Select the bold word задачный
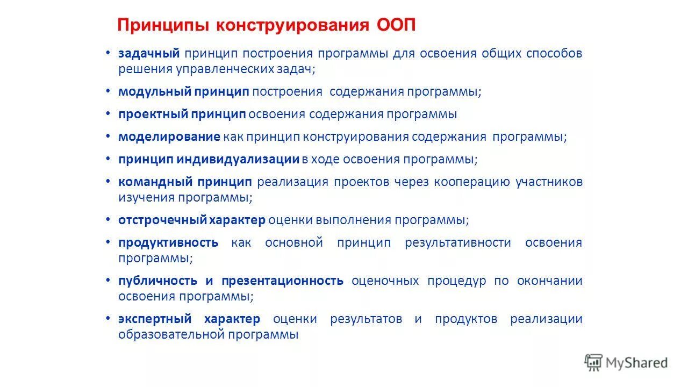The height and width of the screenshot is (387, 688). [x=149, y=54]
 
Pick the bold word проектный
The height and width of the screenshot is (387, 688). [x=153, y=114]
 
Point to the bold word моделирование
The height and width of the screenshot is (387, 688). [x=169, y=137]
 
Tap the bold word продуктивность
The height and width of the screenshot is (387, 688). [x=168, y=242]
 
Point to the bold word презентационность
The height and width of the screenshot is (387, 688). [x=282, y=281]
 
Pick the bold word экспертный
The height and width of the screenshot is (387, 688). [x=155, y=319]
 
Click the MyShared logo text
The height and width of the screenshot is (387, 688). [x=636, y=363]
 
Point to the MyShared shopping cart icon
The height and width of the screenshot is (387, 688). [x=593, y=362]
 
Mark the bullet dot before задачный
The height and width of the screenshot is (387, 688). [x=108, y=53]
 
